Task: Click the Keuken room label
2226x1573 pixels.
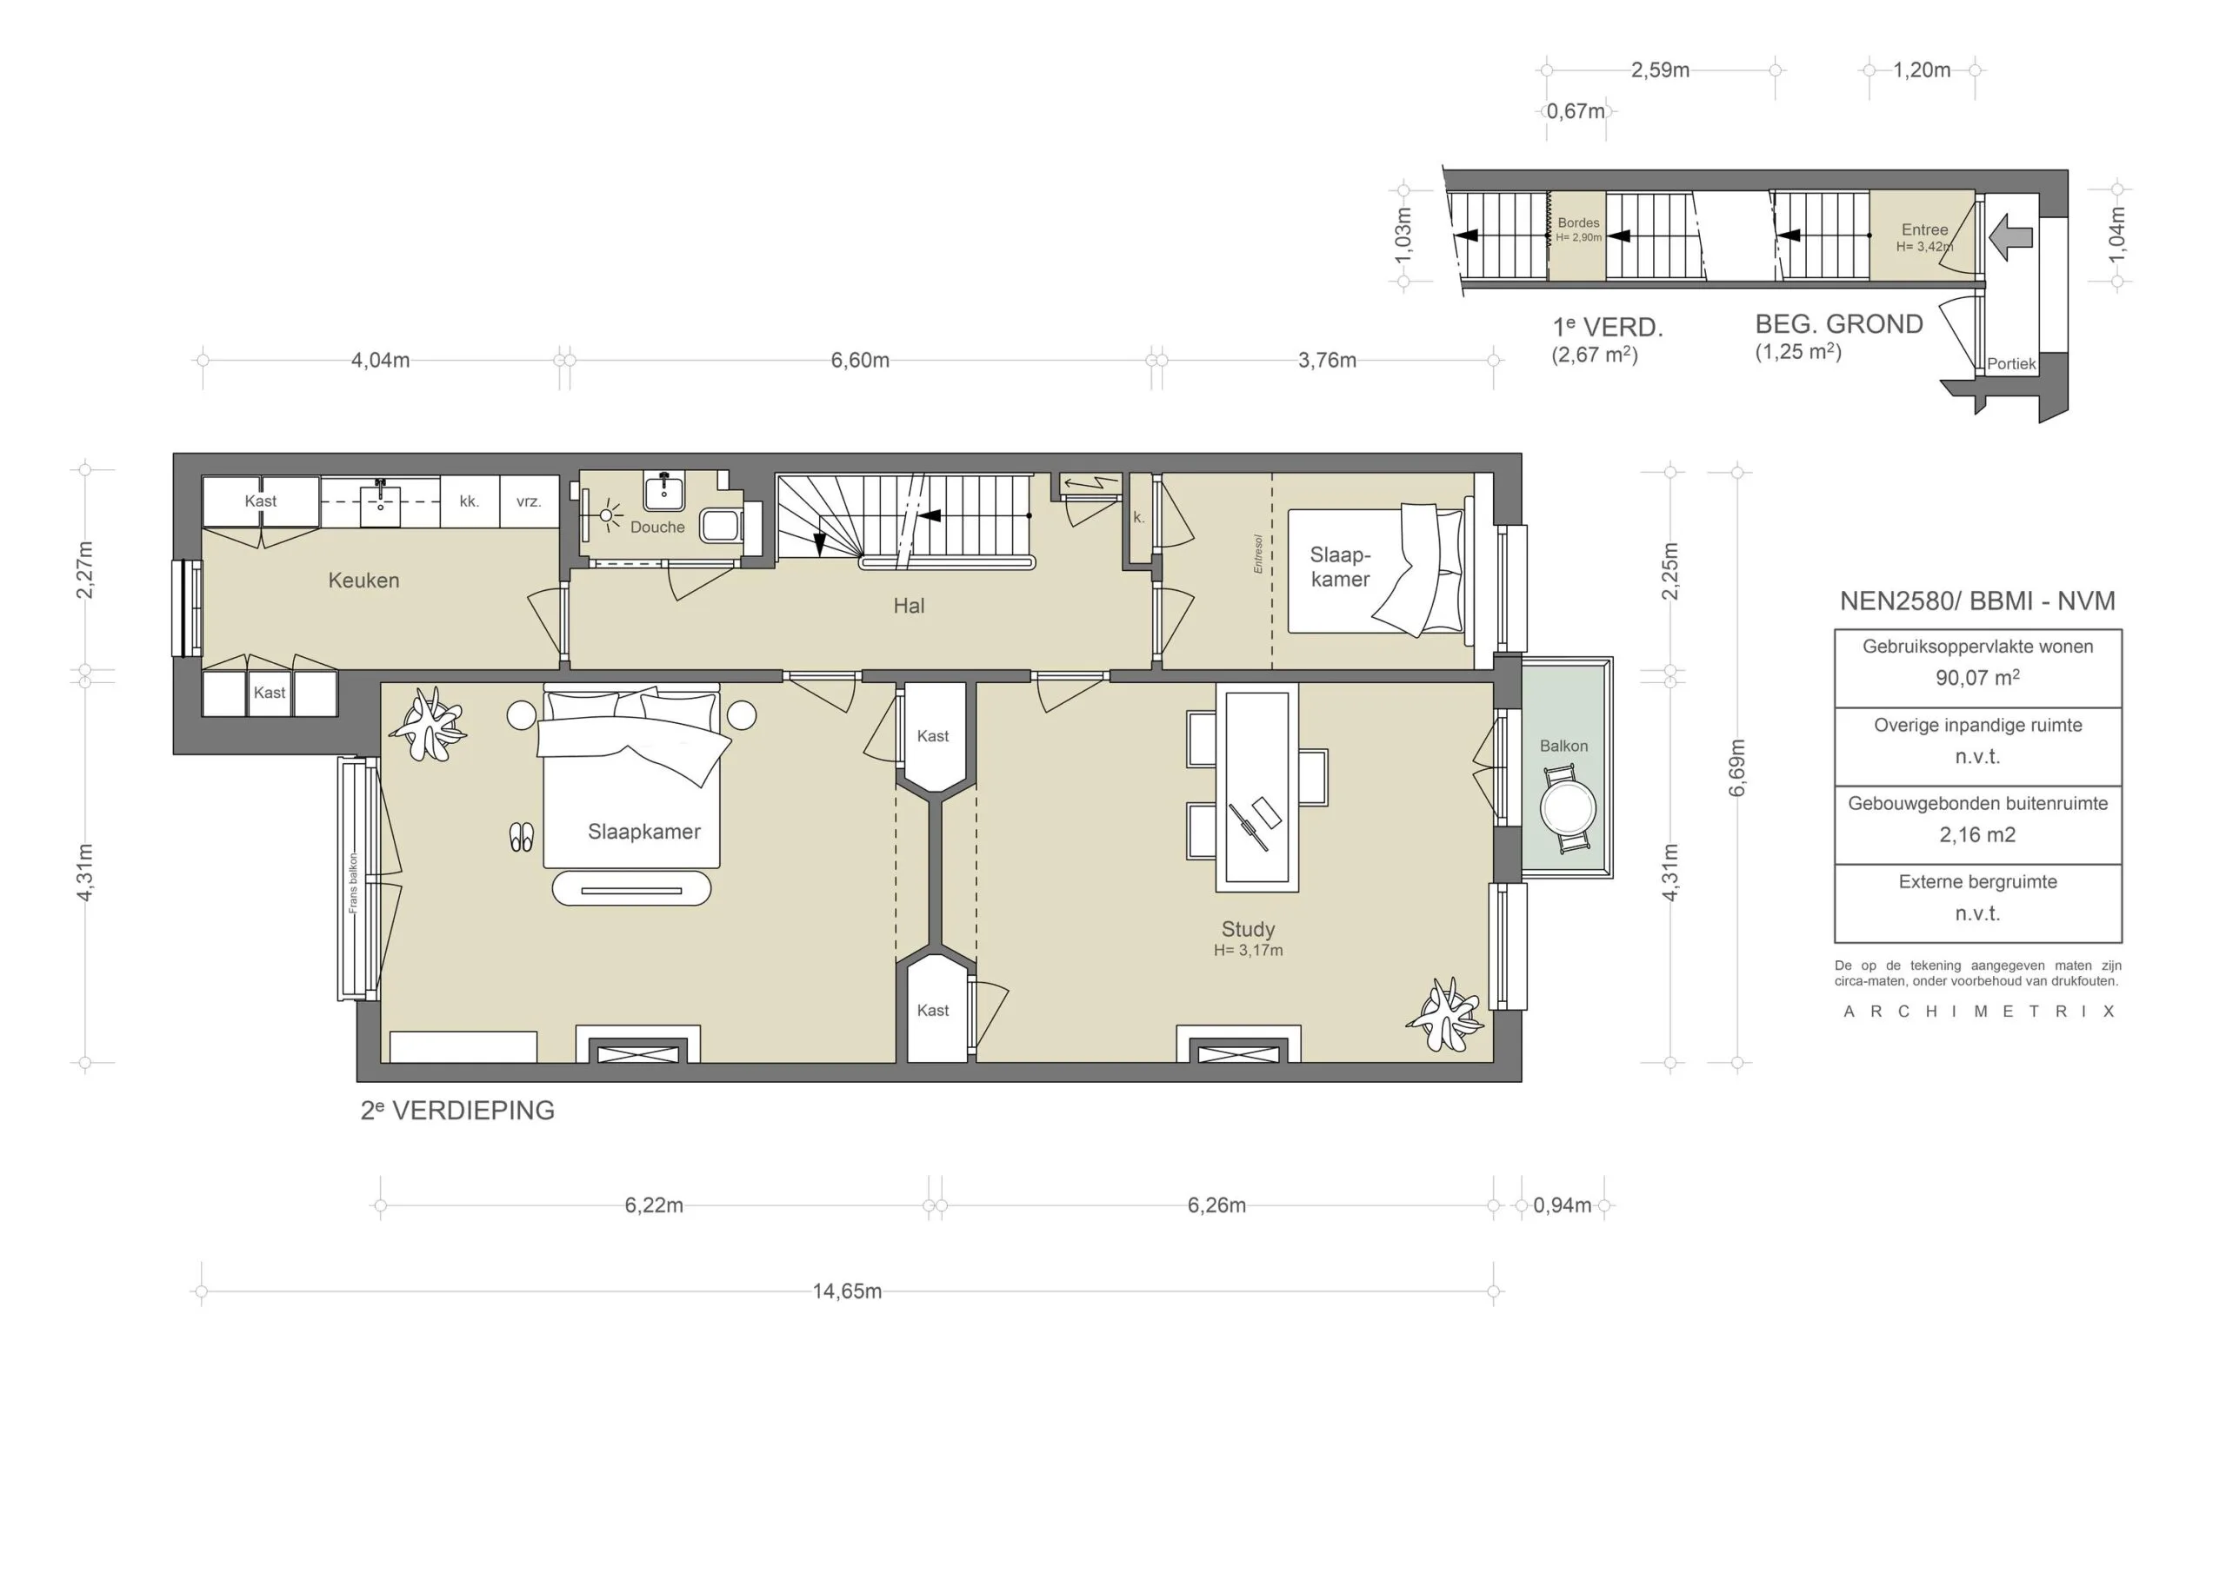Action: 363,581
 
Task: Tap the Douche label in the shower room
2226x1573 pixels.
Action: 657,528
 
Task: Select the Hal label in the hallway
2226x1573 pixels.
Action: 909,606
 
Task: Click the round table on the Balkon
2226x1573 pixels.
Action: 1568,806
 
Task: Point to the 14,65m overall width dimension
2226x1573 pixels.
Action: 847,1291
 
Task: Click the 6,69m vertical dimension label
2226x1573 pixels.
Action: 1737,767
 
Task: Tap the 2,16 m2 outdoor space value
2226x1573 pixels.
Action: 1978,834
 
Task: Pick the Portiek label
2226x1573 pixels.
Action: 2012,364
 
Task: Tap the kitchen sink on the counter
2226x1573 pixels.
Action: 380,504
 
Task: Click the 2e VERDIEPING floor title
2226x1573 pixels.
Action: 457,1111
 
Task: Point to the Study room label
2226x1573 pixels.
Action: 1248,929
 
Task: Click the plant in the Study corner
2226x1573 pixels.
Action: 1445,1014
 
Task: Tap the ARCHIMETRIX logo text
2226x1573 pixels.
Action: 1978,1012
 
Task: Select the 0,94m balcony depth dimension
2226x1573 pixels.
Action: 1562,1205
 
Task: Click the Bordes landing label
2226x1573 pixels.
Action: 1578,223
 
